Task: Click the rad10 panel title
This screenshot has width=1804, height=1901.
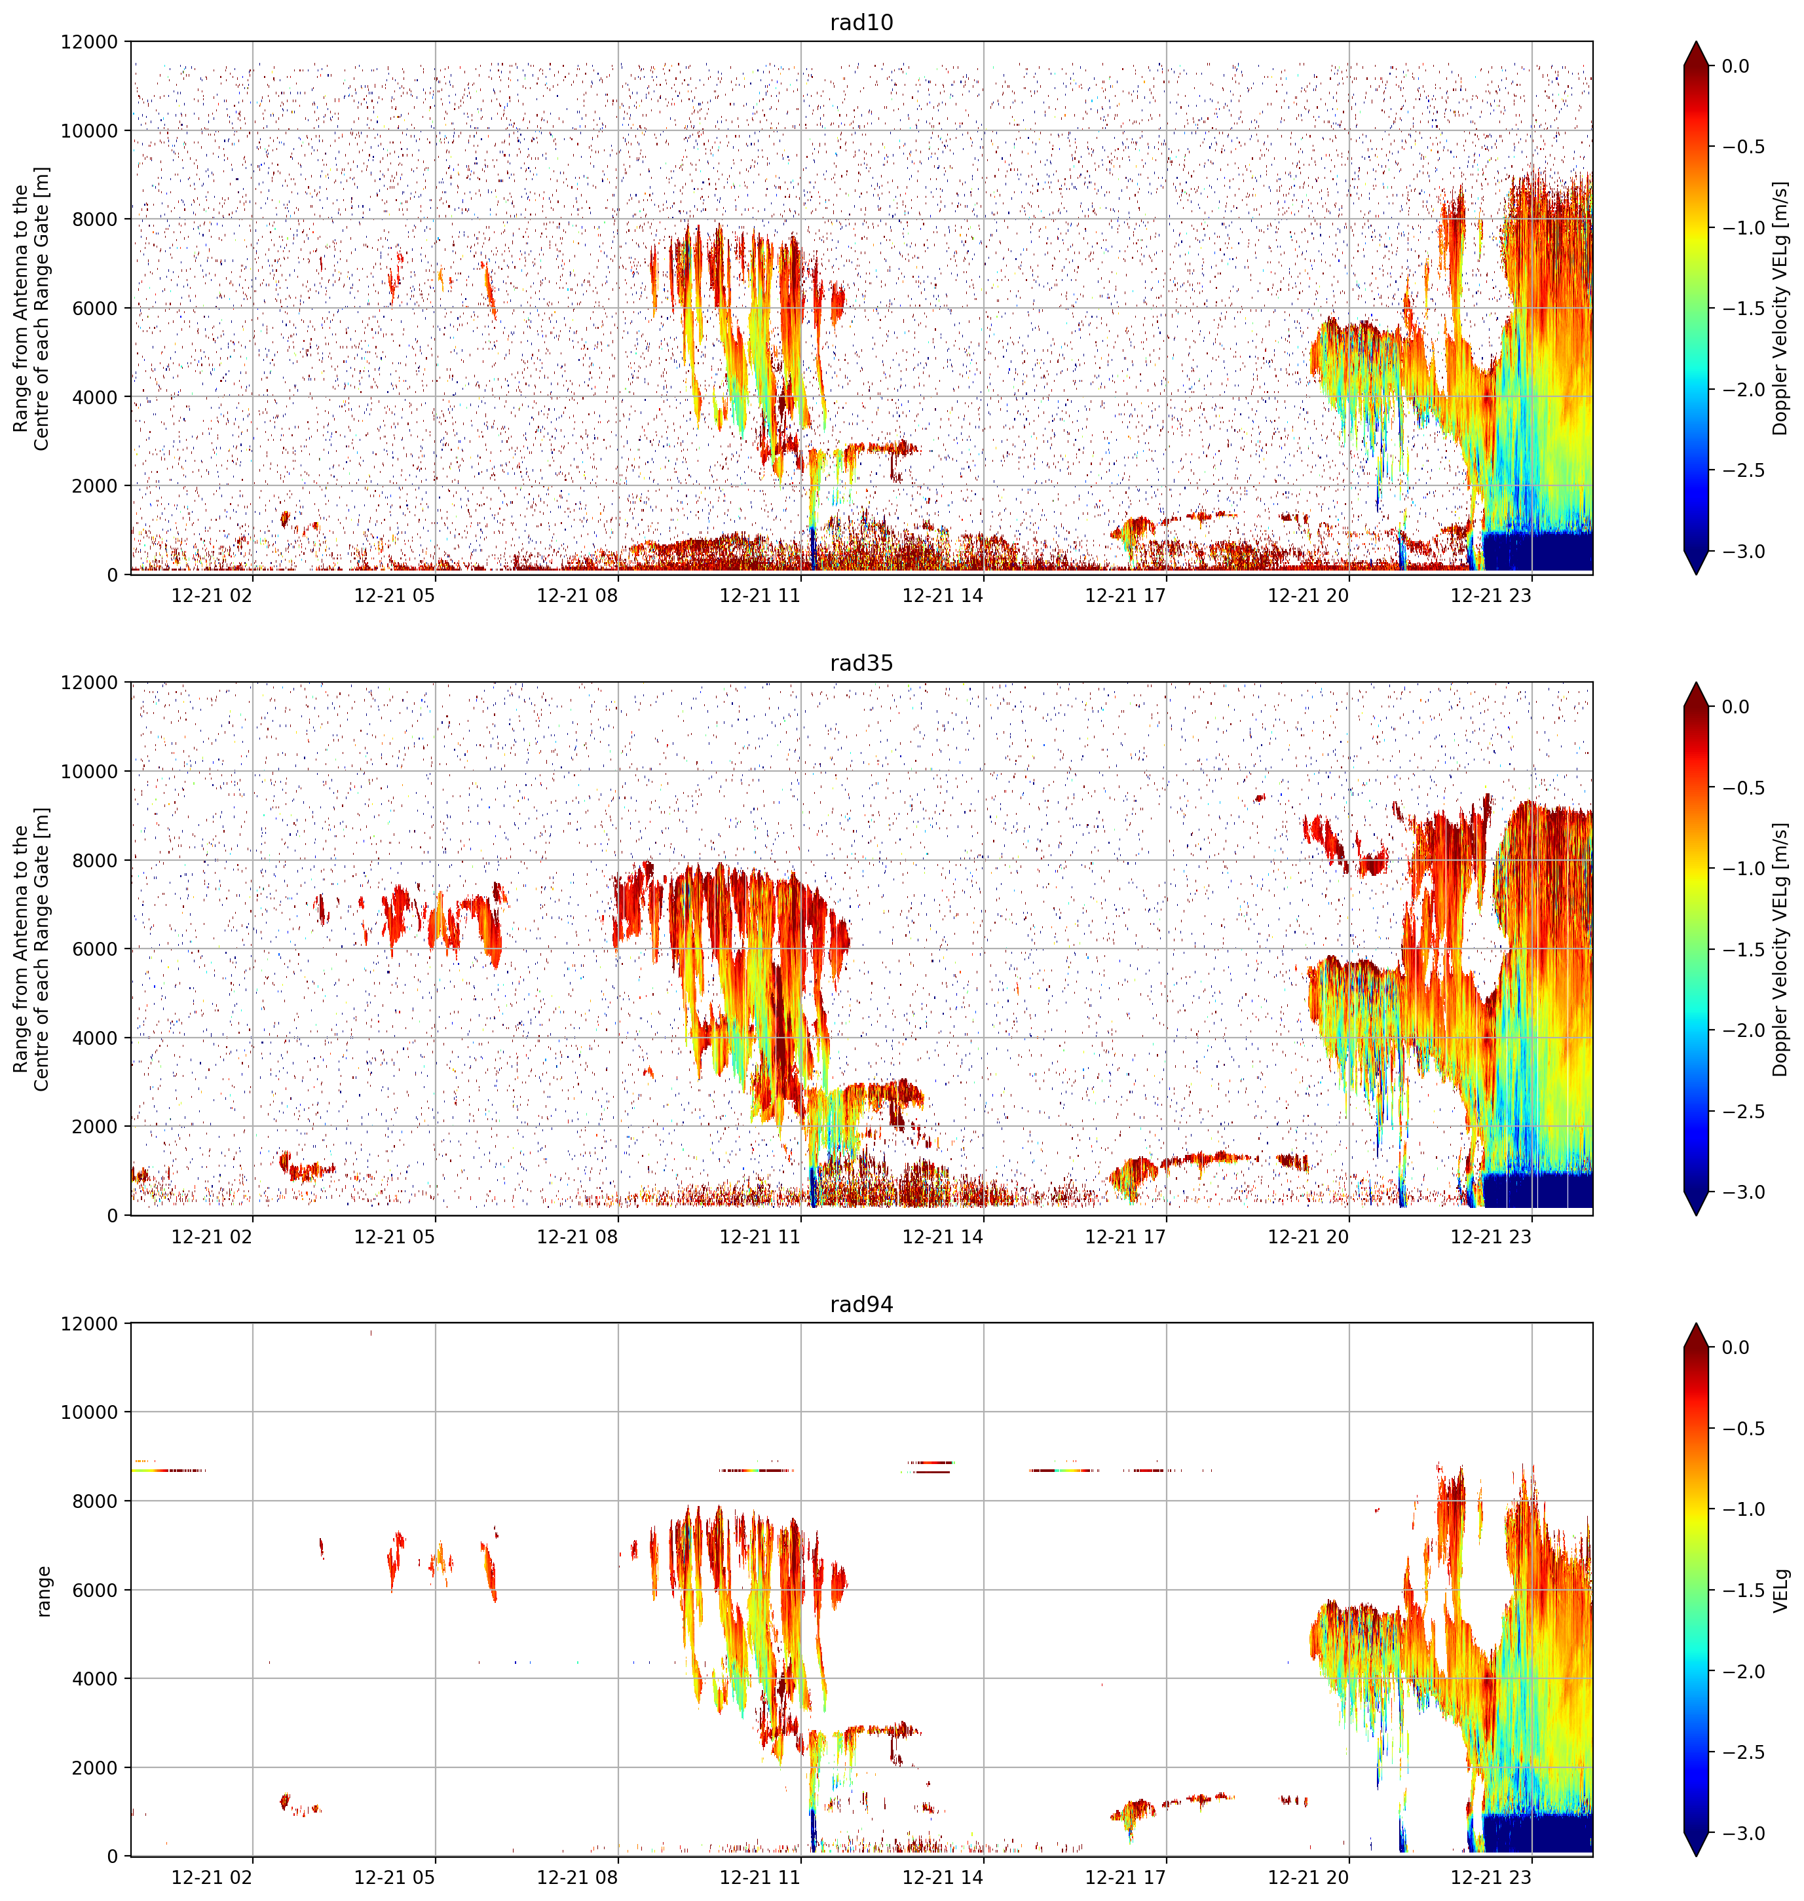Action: point(861,22)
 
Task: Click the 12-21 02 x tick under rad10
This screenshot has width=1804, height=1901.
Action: point(212,595)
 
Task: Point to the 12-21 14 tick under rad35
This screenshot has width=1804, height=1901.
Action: point(943,1237)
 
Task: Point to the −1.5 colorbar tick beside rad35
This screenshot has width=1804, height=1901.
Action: point(1742,949)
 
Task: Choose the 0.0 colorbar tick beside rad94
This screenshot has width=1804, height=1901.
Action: point(1736,1347)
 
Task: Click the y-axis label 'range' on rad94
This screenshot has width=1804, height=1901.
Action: point(43,1590)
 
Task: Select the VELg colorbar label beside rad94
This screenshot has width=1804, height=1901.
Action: point(1781,1590)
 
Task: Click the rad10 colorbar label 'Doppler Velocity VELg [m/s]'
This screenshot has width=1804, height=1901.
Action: point(1781,308)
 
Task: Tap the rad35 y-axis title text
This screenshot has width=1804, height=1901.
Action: point(31,949)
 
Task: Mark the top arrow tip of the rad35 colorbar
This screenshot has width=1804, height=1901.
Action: point(1697,683)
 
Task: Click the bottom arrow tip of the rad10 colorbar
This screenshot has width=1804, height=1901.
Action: point(1697,574)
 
